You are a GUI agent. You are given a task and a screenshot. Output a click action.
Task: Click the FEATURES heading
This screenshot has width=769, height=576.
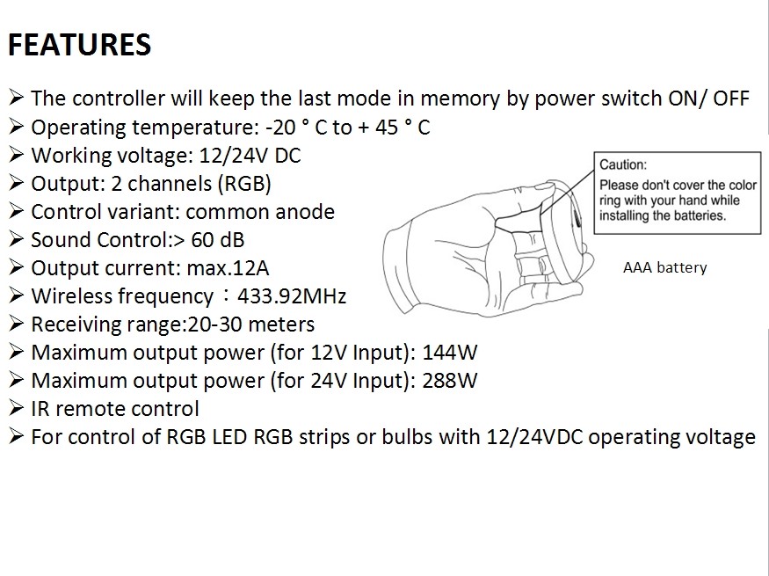pyautogui.click(x=79, y=45)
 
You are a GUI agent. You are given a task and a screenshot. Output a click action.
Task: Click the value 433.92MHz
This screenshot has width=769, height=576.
pyautogui.click(x=292, y=296)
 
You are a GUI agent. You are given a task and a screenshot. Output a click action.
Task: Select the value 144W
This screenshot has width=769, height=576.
pyautogui.click(x=450, y=353)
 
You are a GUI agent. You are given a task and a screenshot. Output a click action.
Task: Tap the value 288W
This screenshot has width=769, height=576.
pyautogui.click(x=450, y=381)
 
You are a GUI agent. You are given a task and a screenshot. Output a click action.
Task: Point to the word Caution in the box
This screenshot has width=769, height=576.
pyautogui.click(x=623, y=164)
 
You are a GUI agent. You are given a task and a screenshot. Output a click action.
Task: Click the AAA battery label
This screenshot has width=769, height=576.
pyautogui.click(x=664, y=267)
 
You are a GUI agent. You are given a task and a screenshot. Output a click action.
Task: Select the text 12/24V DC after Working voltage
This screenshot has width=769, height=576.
pyautogui.click(x=250, y=156)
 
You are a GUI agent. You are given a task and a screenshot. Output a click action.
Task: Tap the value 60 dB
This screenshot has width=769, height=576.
pyautogui.click(x=217, y=240)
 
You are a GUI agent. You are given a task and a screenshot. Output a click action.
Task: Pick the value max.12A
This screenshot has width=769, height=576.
pyautogui.click(x=228, y=268)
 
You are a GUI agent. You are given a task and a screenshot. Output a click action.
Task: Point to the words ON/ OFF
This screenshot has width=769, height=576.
pyautogui.click(x=708, y=98)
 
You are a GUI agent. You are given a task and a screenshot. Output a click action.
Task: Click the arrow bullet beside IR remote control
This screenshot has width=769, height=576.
pyautogui.click(x=16, y=408)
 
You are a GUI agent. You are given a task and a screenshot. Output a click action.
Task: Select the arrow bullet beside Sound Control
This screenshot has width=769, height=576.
pyautogui.click(x=16, y=239)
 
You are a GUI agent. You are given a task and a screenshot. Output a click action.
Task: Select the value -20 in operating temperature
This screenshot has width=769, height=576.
pyautogui.click(x=280, y=128)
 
